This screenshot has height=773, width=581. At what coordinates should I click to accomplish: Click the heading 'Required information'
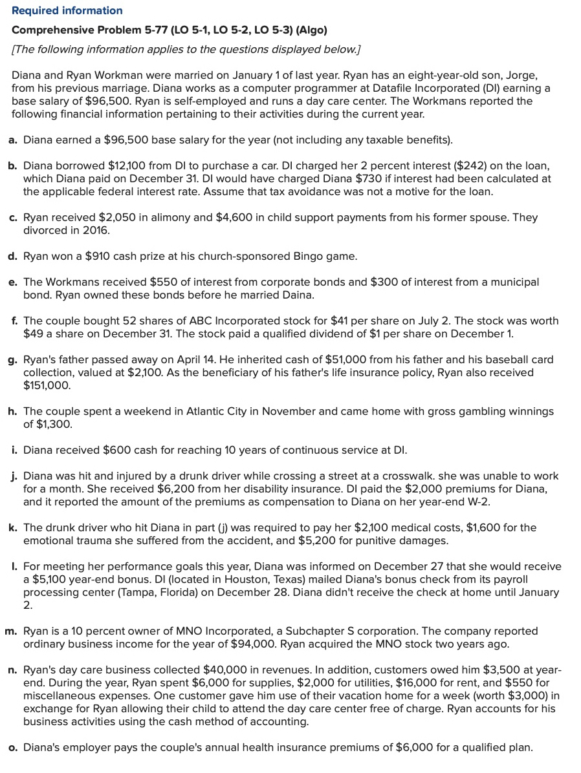click(x=67, y=10)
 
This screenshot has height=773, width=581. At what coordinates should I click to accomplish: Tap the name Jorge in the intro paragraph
click(x=520, y=76)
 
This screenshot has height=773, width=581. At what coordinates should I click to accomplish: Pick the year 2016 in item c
click(x=96, y=231)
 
